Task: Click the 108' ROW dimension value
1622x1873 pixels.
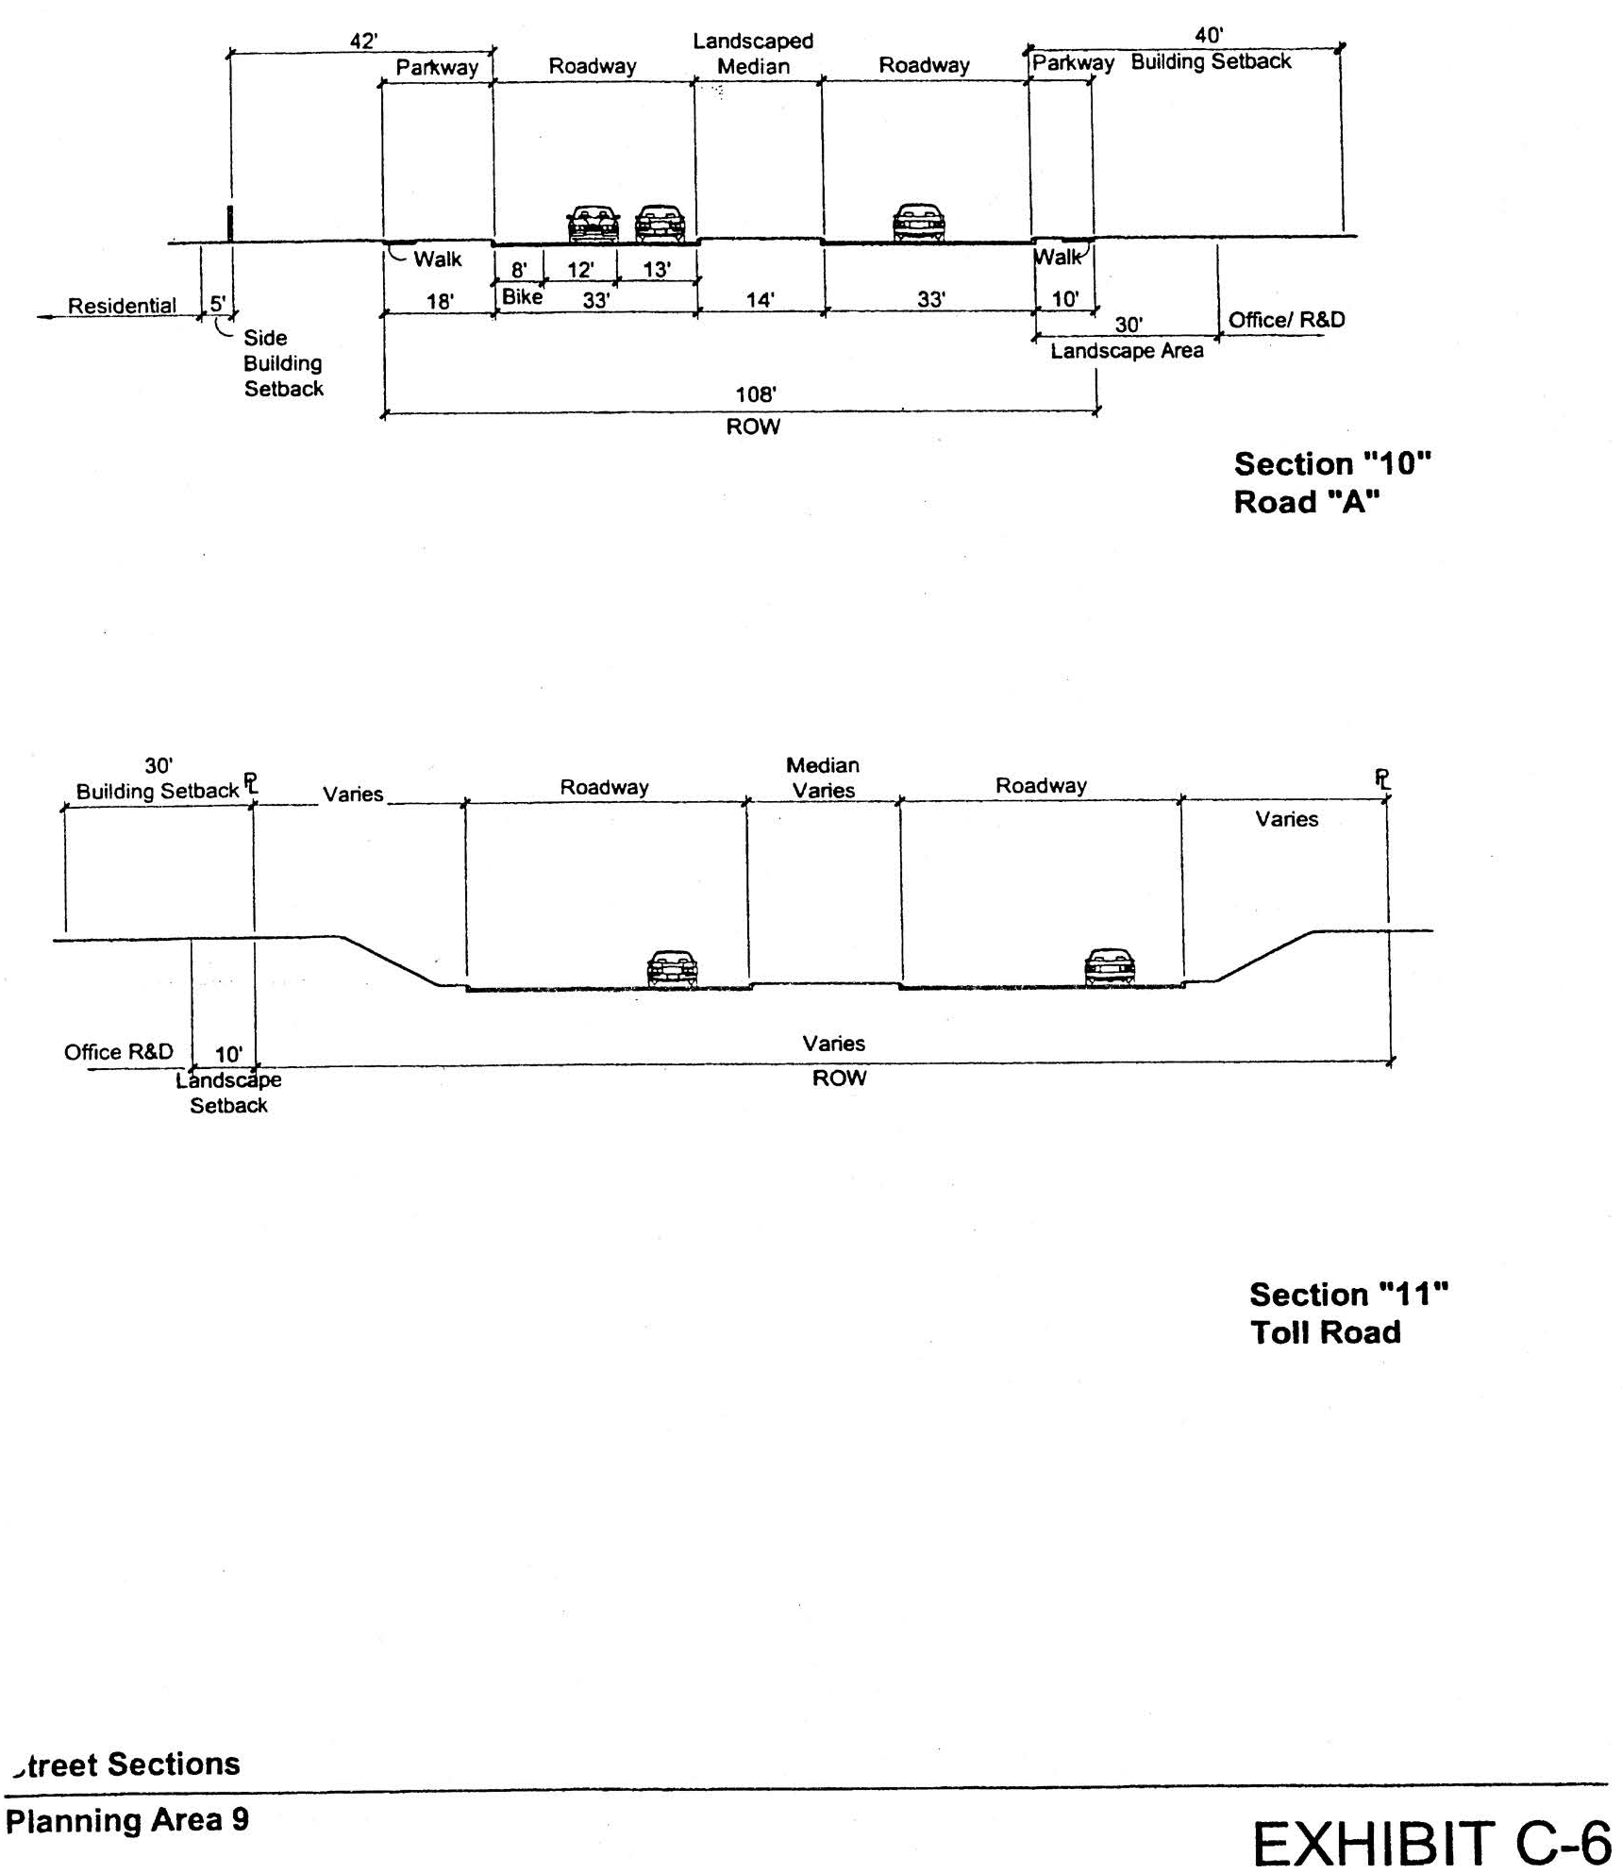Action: tap(756, 394)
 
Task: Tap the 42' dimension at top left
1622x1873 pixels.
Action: tap(364, 42)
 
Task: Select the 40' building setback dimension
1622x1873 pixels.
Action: tap(1209, 36)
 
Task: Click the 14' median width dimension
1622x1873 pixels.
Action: tap(761, 300)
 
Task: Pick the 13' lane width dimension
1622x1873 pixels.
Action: tap(657, 270)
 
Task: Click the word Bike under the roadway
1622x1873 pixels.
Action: tap(522, 296)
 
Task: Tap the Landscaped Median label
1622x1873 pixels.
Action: tap(753, 54)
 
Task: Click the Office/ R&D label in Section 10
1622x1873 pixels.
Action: tap(1286, 320)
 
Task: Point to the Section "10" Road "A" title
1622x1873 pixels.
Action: tap(1332, 482)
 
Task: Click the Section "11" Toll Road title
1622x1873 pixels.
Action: tap(1348, 1313)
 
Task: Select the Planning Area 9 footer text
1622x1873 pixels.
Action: tap(127, 1819)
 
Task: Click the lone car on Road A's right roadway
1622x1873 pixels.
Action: tap(918, 223)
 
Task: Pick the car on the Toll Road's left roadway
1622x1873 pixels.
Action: tap(672, 969)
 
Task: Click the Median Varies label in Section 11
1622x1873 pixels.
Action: tap(823, 778)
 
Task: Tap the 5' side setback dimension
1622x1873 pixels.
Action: tap(218, 304)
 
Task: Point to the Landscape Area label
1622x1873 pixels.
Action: tap(1127, 351)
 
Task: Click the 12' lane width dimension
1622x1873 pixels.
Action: tap(580, 270)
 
